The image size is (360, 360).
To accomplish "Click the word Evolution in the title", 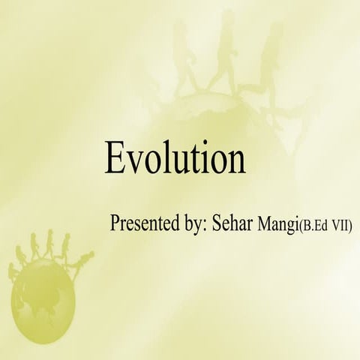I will click(175, 158).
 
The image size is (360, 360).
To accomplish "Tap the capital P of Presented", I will click(115, 223).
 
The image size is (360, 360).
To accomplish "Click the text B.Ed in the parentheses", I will click(316, 225).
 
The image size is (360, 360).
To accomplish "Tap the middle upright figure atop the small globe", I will click(49, 244).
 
